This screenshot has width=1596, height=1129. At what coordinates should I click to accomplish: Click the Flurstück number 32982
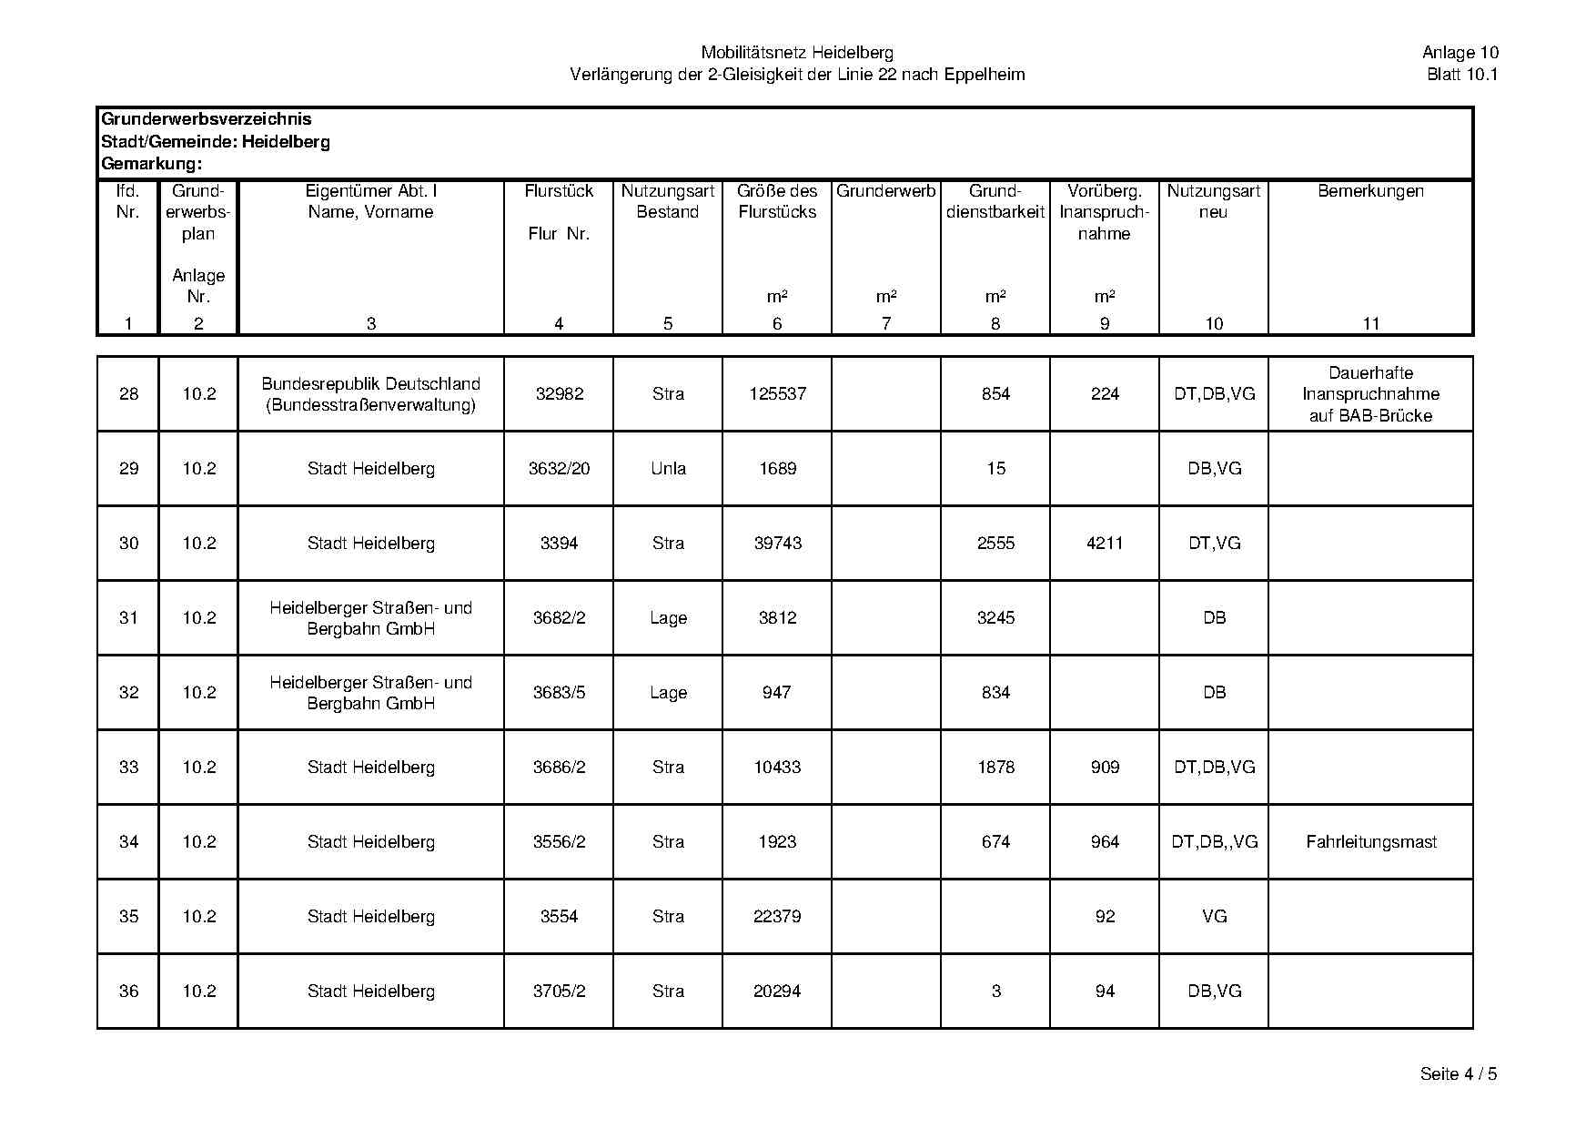point(559,394)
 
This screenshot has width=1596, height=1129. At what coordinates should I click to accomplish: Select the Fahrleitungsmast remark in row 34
point(1370,842)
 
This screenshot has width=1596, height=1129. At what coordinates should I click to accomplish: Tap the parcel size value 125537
point(777,394)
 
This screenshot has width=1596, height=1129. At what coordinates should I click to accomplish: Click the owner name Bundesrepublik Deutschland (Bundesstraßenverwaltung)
point(370,394)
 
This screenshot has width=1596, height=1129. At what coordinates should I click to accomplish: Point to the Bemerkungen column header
point(1370,191)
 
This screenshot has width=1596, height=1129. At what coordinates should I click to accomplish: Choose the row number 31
point(128,618)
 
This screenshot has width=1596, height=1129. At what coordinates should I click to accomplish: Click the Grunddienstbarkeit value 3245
point(995,618)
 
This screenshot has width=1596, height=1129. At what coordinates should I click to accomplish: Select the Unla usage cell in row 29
point(668,469)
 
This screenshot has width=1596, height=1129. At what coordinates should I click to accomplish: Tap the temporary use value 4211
point(1105,544)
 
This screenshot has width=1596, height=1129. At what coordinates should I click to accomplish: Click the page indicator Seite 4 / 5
point(1458,1074)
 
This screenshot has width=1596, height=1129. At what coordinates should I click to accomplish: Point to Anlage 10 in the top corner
point(1460,53)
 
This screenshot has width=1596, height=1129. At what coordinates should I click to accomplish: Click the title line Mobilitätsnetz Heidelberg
point(797,53)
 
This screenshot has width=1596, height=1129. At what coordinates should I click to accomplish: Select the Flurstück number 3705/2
point(559,992)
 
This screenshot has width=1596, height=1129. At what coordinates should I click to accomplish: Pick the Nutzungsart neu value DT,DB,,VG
point(1214,842)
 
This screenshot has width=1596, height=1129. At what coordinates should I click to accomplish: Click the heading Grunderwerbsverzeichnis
point(207,119)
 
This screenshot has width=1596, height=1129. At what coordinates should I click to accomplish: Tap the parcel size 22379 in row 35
point(777,917)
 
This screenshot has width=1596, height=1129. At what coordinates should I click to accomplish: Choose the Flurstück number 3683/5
point(559,693)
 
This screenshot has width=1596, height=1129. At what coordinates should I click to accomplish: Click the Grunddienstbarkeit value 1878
point(995,768)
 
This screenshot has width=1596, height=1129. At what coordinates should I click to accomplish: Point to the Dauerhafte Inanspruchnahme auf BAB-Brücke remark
point(1370,394)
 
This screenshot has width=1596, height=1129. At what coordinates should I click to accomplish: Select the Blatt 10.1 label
point(1461,75)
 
